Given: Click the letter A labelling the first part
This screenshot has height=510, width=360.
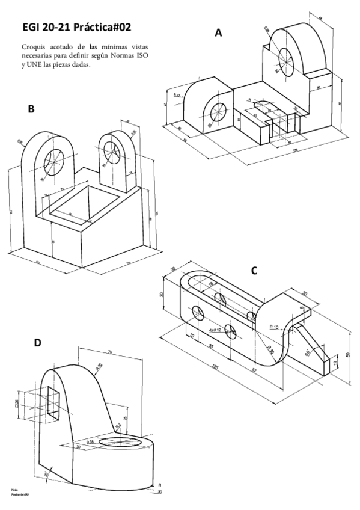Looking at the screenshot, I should (219, 34).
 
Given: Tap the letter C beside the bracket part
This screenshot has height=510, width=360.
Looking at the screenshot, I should (254, 271).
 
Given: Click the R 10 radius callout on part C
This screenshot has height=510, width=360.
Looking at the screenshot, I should (274, 327).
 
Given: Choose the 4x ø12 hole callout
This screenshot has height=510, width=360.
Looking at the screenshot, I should (215, 330).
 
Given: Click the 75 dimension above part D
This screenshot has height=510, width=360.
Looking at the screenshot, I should (110, 352).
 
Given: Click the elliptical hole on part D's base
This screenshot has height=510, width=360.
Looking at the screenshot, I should (120, 443).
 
